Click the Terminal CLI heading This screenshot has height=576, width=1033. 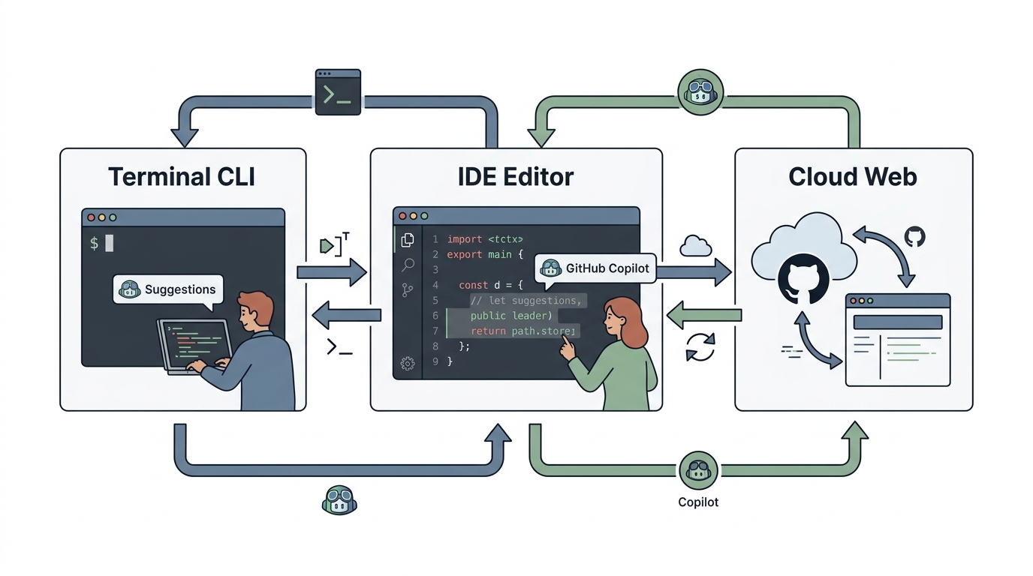181,177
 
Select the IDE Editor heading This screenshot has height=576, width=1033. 516,177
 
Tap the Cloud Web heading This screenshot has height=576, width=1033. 853,177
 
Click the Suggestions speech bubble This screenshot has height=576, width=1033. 168,289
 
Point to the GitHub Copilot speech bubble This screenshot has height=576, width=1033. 595,268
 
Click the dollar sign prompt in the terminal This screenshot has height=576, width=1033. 94,243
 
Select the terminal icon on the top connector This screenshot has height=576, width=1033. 338,92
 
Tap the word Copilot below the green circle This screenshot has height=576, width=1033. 697,502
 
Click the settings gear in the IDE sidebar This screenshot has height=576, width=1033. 408,364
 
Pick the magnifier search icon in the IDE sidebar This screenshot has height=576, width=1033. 408,265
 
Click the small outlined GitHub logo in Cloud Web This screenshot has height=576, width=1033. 915,236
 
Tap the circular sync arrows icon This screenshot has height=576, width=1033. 700,347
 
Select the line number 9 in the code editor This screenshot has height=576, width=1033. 435,361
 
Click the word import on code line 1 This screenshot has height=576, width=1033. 465,239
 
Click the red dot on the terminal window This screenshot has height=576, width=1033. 91,217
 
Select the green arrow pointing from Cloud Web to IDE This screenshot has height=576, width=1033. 704,315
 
